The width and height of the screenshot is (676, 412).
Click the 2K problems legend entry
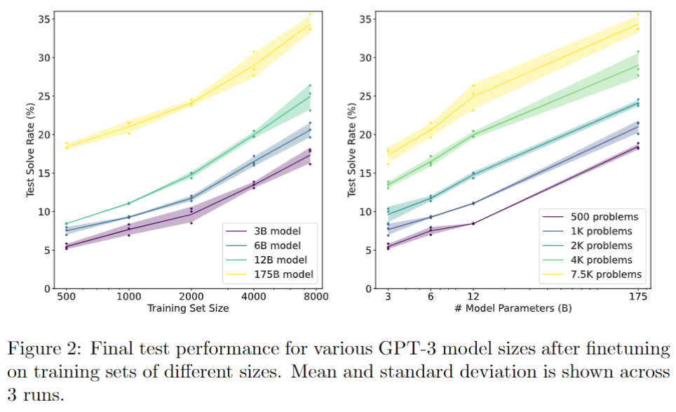[x=601, y=246]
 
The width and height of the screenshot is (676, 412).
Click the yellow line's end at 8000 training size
[x=310, y=25]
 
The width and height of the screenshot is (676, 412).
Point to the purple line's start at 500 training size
[x=66, y=246]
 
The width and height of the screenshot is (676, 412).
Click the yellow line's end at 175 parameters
[x=637, y=24]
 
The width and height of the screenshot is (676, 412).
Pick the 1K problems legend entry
[x=598, y=231]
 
